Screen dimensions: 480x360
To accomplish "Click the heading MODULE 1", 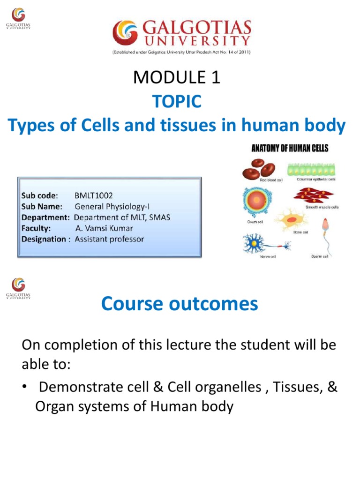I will point(176,78).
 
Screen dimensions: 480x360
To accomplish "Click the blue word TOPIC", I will point(176,101).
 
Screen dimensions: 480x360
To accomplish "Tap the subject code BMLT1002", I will point(93,195).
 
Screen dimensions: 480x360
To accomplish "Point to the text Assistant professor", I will point(109,239).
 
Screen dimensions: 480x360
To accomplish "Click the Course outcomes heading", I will point(180,304).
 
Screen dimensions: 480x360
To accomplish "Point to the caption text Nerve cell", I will point(268,256).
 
